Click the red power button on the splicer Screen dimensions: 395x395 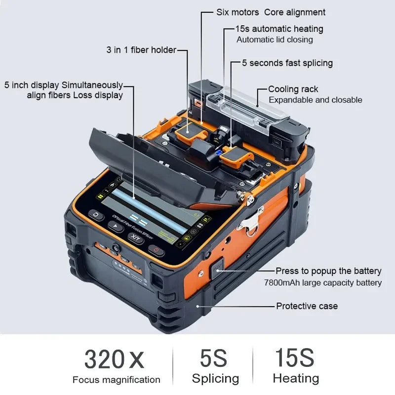156,250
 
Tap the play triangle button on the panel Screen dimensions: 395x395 116,227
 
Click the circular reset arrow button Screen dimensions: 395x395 96,216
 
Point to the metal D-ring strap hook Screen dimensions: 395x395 253,221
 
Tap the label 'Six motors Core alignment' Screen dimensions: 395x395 271,12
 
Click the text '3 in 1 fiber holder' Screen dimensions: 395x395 141,50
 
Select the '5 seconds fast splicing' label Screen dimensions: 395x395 287,63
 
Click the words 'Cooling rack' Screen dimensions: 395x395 293,89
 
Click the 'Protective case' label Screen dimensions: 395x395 307,306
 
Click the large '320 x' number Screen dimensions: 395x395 114,359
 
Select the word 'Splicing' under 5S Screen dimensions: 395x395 215,379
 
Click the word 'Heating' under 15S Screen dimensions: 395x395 296,379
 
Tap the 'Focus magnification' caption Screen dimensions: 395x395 116,380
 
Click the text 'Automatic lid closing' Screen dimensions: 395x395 275,39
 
